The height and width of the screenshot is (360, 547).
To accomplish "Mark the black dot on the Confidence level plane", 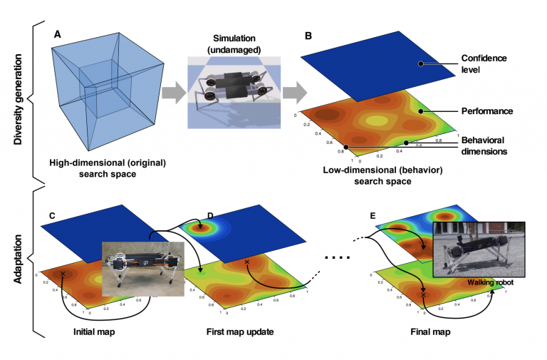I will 421,63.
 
